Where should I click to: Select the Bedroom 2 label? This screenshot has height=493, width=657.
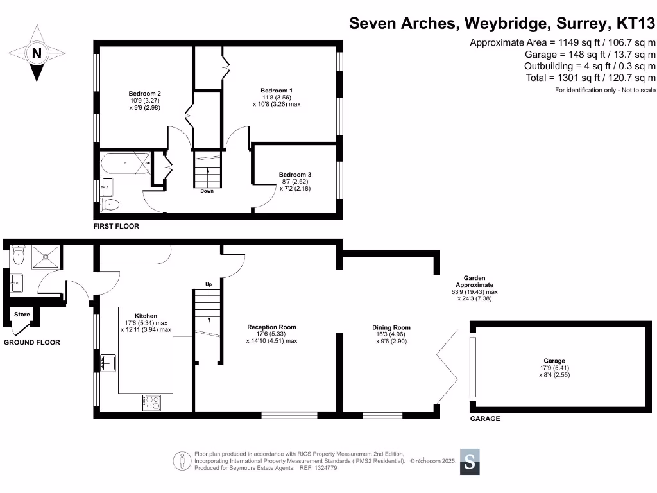[145, 94]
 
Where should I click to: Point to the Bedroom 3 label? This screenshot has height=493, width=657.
[295, 175]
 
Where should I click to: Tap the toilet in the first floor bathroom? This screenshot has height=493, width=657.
[110, 205]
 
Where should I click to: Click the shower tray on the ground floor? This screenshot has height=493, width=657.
[46, 256]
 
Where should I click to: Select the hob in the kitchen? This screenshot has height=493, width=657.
[152, 402]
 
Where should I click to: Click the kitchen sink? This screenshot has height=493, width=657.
[107, 363]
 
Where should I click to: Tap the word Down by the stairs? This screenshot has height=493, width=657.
[207, 191]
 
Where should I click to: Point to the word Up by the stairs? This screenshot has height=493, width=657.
[209, 284]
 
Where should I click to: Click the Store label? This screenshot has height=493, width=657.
[22, 315]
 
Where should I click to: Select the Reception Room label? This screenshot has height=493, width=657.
[271, 327]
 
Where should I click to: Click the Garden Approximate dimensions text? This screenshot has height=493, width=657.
[474, 291]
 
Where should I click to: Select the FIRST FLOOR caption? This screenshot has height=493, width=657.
[116, 227]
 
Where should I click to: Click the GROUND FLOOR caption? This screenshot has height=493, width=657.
[32, 342]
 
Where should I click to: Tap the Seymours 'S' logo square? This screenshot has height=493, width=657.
[470, 462]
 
